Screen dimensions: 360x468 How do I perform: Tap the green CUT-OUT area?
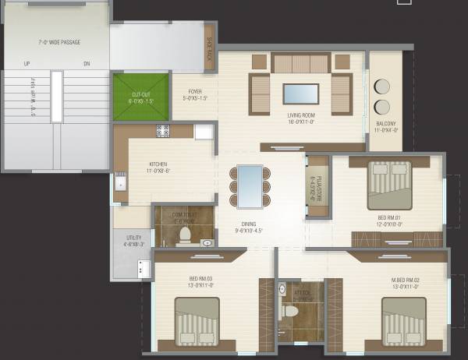[x=140, y=97]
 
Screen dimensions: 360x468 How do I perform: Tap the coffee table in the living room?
[x=300, y=94]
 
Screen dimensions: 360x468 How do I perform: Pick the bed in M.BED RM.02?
[x=403, y=321]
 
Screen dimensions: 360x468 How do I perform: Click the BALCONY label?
[x=385, y=127]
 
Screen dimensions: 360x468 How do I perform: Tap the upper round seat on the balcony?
[x=383, y=86]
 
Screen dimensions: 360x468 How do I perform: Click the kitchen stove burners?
[x=162, y=131]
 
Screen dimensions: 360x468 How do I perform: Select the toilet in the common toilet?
[x=186, y=233]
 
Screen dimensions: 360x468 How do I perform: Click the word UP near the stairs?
[x=27, y=64]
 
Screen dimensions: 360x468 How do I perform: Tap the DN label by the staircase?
[x=87, y=64]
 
